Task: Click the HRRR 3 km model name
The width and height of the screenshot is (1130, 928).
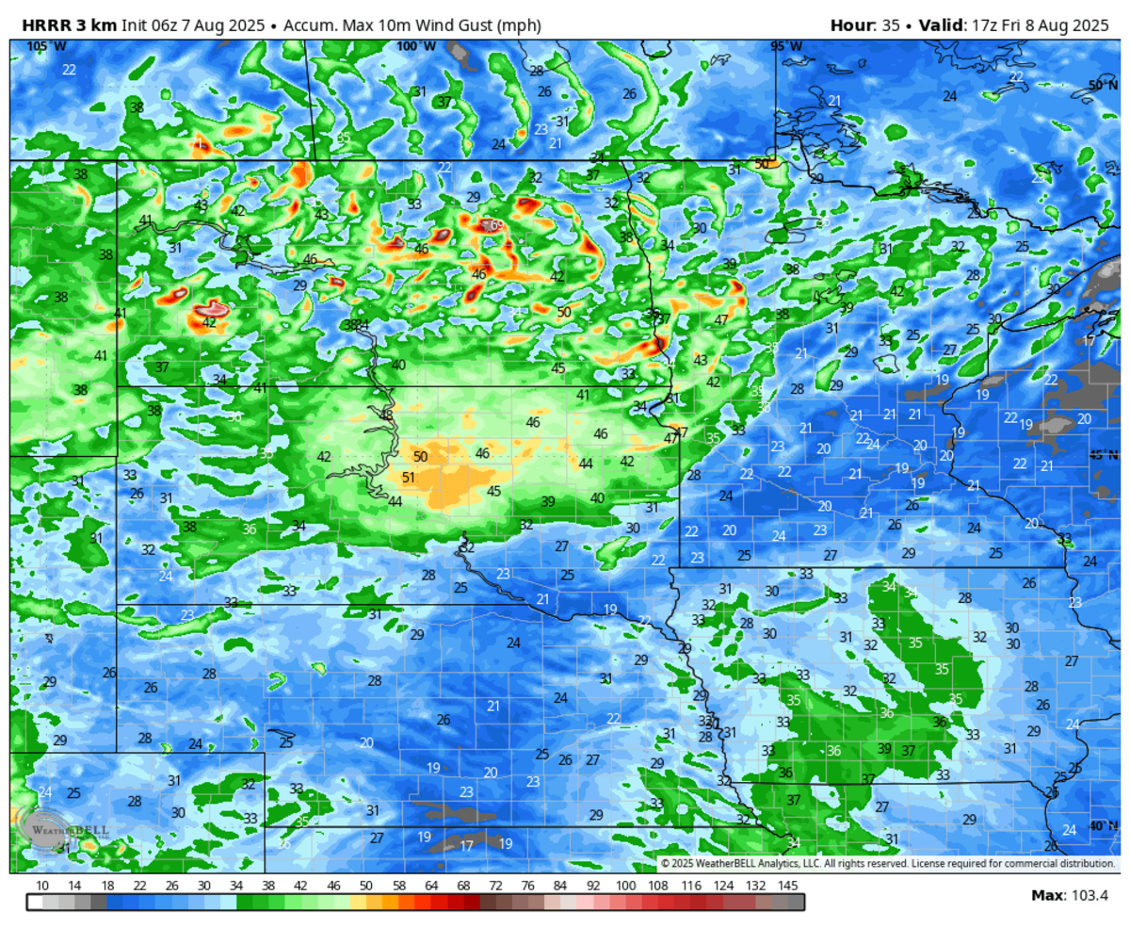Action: (63, 25)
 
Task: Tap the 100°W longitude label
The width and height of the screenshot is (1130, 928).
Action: (415, 46)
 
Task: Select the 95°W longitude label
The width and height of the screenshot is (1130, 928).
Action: (786, 46)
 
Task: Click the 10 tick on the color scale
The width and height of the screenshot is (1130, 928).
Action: (42, 886)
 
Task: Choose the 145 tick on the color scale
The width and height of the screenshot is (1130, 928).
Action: (788, 886)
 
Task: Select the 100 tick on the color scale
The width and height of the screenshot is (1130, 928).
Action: (625, 886)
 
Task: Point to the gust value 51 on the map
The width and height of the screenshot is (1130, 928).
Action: (409, 478)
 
